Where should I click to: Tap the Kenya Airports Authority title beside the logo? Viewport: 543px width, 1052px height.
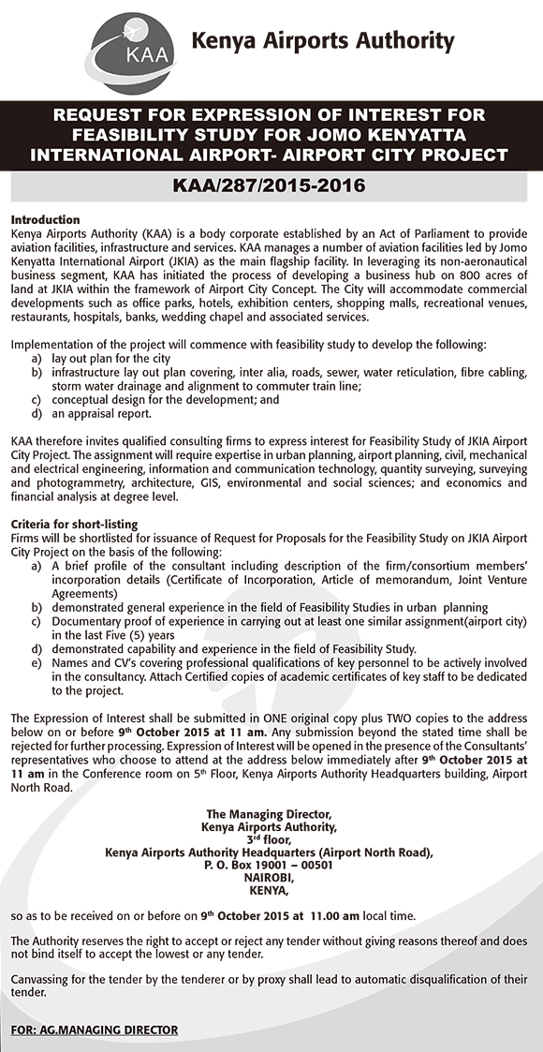pyautogui.click(x=322, y=41)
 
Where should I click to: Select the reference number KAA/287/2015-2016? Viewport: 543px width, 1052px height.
pyautogui.click(x=271, y=185)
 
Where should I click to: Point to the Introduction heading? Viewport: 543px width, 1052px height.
pyautogui.click(x=45, y=219)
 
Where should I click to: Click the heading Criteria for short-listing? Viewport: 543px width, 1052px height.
pyautogui.click(x=74, y=523)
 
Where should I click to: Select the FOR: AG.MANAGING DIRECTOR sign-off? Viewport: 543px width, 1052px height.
pyautogui.click(x=94, y=1030)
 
